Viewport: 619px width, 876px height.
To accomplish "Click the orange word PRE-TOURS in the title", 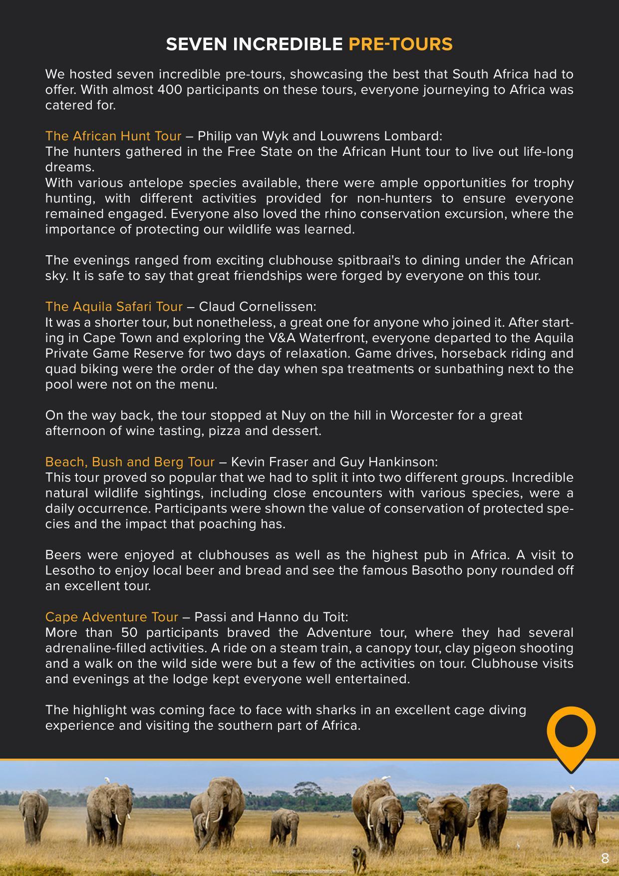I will tap(400, 44).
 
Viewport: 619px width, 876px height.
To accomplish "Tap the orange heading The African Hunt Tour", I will tap(113, 136).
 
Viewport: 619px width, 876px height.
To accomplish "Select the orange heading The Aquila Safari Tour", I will tap(114, 306).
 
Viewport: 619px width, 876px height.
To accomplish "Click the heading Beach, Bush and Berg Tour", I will tap(130, 461).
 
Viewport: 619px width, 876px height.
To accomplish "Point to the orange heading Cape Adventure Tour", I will tap(111, 617).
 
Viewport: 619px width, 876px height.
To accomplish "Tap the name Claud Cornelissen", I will tap(258, 306).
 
